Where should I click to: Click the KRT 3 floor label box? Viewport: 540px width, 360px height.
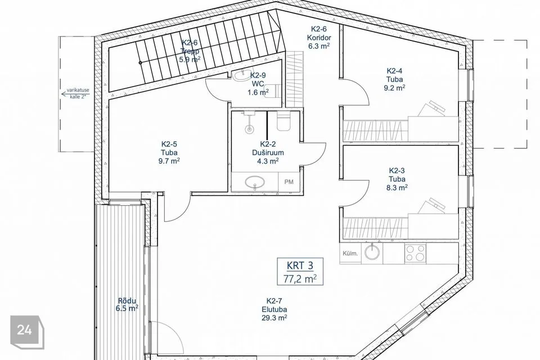300,272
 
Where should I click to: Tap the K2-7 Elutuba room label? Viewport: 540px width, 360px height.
274,309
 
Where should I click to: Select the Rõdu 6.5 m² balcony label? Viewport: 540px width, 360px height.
127,304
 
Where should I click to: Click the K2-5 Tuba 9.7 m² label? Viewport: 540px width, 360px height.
169,152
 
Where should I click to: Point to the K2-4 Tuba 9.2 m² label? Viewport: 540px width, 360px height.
394,79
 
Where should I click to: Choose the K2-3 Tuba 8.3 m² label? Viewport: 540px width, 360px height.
397,179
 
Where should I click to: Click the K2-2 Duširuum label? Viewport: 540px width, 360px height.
268,152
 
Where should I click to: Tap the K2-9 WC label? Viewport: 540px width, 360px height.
258,84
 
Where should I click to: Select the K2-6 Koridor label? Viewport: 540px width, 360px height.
319,38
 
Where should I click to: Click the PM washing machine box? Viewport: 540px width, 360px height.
289,182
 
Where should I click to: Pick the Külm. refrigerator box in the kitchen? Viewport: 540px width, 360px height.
350,253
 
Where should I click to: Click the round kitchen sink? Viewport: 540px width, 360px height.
372,252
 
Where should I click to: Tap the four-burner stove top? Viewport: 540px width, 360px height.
415,253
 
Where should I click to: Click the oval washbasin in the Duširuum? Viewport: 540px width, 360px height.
254,181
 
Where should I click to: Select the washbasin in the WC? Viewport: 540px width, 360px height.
241,75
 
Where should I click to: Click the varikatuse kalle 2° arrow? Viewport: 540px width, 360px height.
74,93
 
